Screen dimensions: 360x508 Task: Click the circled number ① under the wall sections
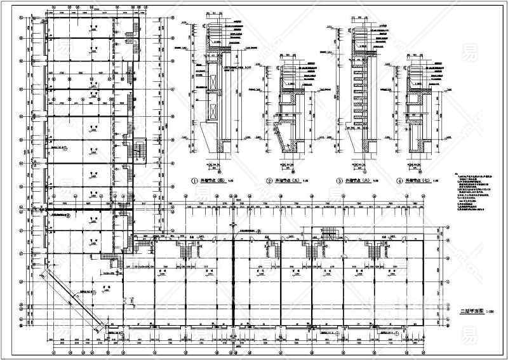point(196,181)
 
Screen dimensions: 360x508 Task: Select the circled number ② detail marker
point(269,181)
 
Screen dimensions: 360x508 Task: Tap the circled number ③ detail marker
point(339,181)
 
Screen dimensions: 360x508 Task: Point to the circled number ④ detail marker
point(399,181)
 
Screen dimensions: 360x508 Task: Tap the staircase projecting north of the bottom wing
point(331,233)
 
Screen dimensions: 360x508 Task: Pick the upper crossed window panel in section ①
point(211,83)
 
